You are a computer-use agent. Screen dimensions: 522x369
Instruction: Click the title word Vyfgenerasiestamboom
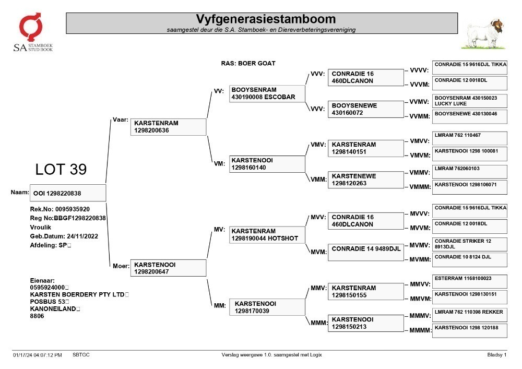[x=266, y=19]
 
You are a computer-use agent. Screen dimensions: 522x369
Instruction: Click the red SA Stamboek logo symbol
[x=30, y=27]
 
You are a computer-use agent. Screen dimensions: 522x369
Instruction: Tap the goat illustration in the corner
[x=484, y=34]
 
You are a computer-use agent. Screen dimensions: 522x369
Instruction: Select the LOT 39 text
[x=61, y=169]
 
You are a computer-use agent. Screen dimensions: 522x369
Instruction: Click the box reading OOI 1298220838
[x=68, y=193]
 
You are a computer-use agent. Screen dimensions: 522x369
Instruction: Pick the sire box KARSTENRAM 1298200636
[x=168, y=127]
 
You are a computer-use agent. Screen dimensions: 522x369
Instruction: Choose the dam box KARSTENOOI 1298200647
[x=168, y=268]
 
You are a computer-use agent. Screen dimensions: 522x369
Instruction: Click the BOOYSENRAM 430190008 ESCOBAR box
[x=267, y=93]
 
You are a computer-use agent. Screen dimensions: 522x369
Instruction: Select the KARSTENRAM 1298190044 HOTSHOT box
[x=267, y=235]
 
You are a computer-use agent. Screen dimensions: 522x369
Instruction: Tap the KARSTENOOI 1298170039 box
[x=267, y=307]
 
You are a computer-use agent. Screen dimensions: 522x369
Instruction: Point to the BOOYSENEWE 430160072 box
[x=365, y=109]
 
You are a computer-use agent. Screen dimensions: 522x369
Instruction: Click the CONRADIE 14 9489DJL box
[x=365, y=253]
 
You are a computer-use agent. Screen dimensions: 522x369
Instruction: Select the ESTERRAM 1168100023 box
[x=470, y=281]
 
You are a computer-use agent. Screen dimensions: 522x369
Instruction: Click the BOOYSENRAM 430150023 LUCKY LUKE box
[x=470, y=101]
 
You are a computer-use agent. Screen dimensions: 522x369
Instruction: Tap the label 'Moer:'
[x=121, y=266]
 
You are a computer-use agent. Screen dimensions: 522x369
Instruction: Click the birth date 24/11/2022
[x=82, y=236]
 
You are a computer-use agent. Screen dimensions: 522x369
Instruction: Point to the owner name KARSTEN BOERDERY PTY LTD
[x=77, y=294]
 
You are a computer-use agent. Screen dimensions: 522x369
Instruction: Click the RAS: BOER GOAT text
[x=248, y=63]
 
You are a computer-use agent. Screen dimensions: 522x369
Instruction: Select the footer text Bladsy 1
[x=497, y=355]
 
